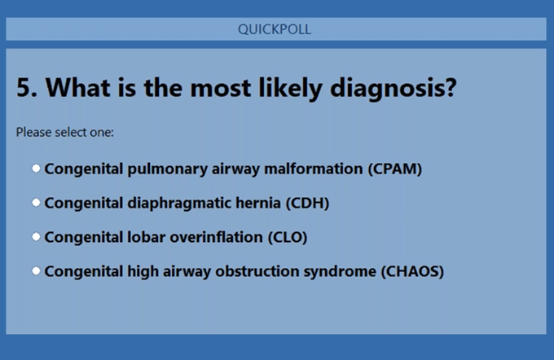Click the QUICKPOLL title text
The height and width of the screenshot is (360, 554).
[275, 29]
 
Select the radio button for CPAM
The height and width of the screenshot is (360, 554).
[36, 169]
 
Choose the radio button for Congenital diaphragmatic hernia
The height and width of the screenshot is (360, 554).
[36, 203]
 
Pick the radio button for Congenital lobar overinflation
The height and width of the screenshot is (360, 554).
[36, 237]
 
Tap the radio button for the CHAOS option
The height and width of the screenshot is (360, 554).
[36, 271]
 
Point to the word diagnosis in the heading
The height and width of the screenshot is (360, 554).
[394, 88]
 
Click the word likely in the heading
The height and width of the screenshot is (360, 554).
[290, 88]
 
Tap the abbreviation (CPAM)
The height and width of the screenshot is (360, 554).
[395, 169]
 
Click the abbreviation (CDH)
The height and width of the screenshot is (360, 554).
[307, 203]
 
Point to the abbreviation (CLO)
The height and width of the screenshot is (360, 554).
[288, 237]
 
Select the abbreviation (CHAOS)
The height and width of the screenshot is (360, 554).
[412, 271]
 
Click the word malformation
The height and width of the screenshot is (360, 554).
[314, 169]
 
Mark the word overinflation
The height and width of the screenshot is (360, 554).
[216, 237]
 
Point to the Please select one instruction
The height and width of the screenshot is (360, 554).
[65, 132]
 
